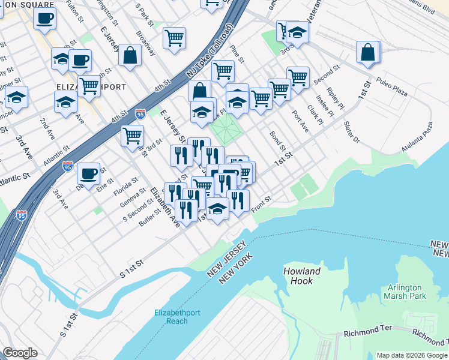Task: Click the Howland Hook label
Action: [x=301, y=276]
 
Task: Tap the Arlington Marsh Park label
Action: [x=406, y=292]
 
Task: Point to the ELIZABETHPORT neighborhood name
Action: [x=91, y=87]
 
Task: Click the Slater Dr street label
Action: [x=351, y=132]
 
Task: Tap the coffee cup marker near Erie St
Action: [x=89, y=174]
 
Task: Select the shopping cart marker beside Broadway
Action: [x=174, y=38]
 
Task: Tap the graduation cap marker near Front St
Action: [x=217, y=209]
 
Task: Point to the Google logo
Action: [x=20, y=353]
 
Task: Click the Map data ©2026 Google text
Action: [x=411, y=355]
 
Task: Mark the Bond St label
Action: [x=277, y=141]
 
